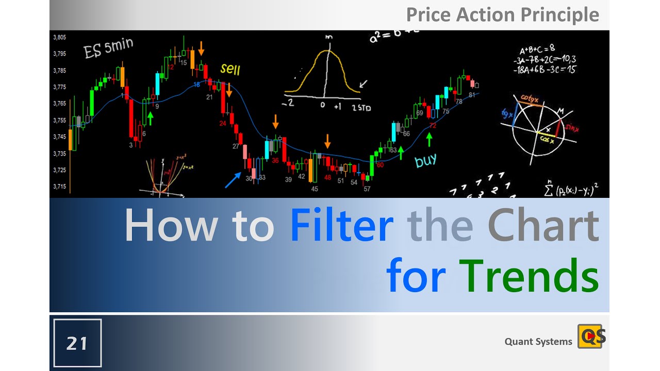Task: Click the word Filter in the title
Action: pos(341,226)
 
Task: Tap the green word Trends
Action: pos(529,277)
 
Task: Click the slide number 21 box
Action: pos(77,343)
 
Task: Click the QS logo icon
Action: pos(591,336)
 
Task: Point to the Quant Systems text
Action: pos(538,342)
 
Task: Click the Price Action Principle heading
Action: pos(503,14)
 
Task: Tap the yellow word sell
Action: pos(230,69)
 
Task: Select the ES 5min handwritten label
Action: pos(108,49)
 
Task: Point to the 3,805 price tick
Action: pos(59,37)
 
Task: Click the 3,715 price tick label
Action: pos(59,187)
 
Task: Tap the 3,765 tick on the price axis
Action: pos(59,104)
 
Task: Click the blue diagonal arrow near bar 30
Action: pos(233,180)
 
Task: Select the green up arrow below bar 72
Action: pos(428,139)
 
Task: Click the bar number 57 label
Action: pos(367,189)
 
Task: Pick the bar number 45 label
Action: pos(315,189)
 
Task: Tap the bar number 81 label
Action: pos(472,95)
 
